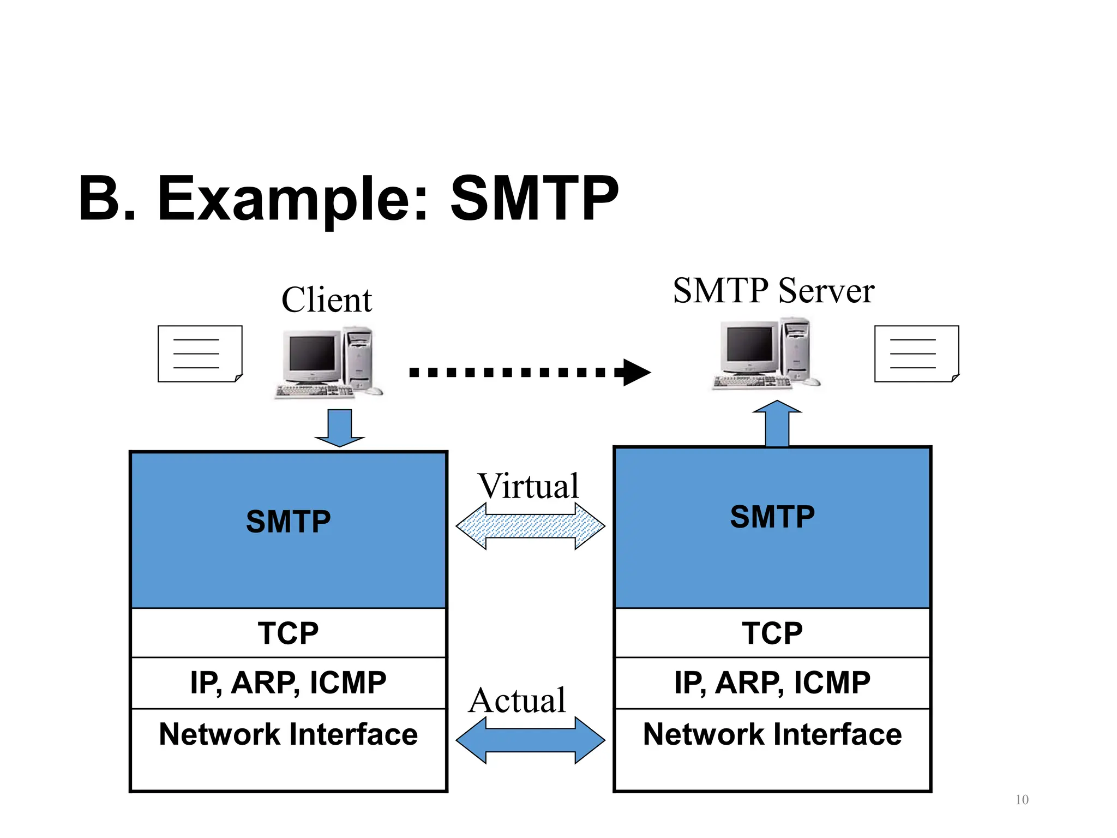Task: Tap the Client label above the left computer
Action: pos(326,300)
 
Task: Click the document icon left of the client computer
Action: pos(200,354)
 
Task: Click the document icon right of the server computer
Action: pos(916,354)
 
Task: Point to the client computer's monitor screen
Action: pos(311,353)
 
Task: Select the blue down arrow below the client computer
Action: pos(339,427)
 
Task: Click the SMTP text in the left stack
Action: pos(288,522)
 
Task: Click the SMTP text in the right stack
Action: pos(772,517)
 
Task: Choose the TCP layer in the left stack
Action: pos(288,633)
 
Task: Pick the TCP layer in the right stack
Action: pos(772,633)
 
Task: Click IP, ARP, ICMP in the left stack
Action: pos(288,683)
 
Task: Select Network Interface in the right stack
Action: pos(772,734)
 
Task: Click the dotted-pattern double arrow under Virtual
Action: pos(530,526)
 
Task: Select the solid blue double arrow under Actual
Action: pos(530,740)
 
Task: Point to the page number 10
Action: pos(1022,800)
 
